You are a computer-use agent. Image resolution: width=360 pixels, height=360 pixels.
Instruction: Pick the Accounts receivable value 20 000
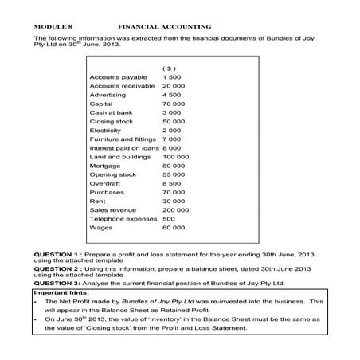coord(174,84)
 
